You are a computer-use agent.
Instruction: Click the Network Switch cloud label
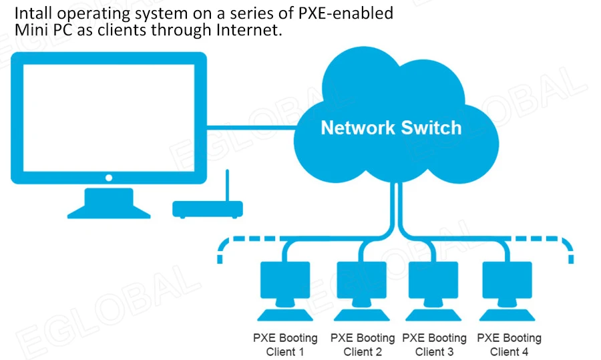click(x=391, y=128)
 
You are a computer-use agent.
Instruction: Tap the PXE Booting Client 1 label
click(x=285, y=345)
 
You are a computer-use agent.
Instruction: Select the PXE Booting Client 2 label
click(x=363, y=345)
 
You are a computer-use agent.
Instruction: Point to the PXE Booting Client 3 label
click(x=434, y=345)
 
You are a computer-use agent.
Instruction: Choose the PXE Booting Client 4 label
click(x=509, y=345)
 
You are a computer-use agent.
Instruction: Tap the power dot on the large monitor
click(x=109, y=178)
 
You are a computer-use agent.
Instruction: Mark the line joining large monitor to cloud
click(x=250, y=127)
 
